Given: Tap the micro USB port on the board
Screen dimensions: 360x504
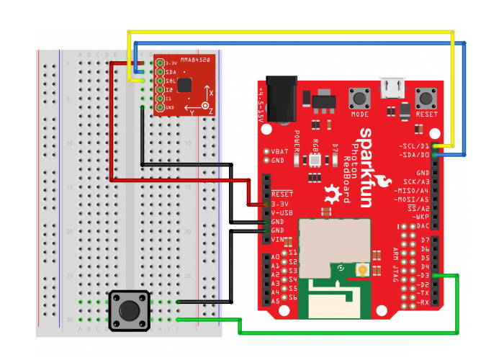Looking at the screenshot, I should tap(393, 88).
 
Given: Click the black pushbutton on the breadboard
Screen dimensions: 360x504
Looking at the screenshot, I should tap(129, 310).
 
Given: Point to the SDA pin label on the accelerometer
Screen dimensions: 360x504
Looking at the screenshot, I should tap(171, 72).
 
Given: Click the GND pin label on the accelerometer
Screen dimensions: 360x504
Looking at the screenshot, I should tap(170, 108).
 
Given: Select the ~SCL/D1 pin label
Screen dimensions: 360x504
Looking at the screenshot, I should tap(413, 145).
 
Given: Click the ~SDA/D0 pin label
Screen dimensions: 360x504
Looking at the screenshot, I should tap(413, 154).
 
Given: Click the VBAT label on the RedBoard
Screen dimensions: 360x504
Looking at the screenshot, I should tap(279, 151).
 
